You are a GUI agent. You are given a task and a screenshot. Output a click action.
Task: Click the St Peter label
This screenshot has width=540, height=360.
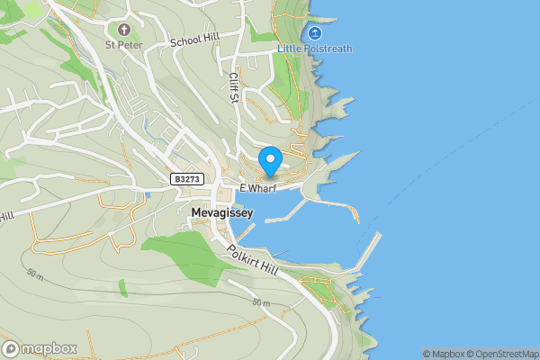(122, 43)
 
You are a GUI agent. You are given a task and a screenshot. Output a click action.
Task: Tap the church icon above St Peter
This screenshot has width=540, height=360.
(122, 28)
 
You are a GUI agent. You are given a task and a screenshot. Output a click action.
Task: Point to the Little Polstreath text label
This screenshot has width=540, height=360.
(314, 47)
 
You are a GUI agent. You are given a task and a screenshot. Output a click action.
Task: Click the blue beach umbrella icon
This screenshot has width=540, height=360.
(315, 31)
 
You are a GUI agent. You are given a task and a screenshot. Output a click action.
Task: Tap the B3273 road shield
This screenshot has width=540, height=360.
(185, 180)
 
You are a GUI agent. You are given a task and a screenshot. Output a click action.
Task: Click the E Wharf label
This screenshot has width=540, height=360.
(256, 187)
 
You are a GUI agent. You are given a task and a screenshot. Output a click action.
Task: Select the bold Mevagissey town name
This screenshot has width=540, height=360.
(222, 212)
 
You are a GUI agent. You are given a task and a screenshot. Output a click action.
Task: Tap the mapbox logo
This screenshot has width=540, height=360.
(40, 348)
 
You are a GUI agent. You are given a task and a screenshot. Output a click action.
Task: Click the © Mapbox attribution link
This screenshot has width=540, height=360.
(445, 354)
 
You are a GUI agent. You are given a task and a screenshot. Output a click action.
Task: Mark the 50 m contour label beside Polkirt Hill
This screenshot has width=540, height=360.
(261, 303)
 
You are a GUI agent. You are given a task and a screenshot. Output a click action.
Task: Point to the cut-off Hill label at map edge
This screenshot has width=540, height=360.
(6, 216)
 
